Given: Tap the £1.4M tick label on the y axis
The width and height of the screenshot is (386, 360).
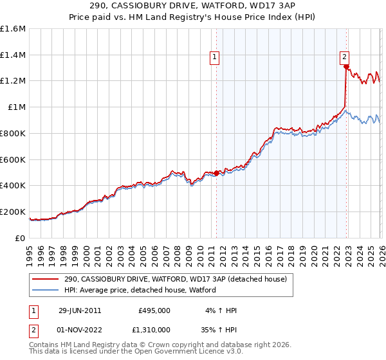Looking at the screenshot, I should (x=13, y=55).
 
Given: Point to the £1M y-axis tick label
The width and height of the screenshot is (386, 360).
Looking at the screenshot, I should (x=16, y=107).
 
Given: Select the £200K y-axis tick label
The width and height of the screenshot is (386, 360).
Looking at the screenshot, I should (x=13, y=212).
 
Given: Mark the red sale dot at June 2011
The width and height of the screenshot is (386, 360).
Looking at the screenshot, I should (x=216, y=172).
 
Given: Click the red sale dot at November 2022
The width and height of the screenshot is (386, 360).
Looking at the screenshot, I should (x=346, y=66).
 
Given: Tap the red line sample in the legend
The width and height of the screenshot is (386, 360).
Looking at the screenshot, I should (x=46, y=279).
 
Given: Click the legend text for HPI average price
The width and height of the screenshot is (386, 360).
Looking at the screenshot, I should (x=140, y=290).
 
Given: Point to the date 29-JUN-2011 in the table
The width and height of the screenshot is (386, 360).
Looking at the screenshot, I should (x=80, y=310).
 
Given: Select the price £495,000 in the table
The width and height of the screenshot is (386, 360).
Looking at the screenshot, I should (x=154, y=310).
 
